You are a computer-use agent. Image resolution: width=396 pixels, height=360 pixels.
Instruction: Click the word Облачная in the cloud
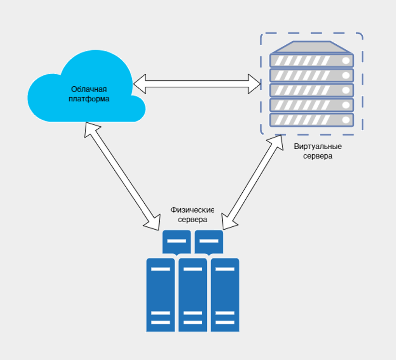point(89,89)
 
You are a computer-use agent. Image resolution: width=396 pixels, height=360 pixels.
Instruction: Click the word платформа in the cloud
point(89,99)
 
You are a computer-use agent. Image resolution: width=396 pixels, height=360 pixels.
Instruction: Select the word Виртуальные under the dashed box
point(318,146)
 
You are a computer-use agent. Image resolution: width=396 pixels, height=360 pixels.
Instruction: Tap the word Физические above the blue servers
point(192,210)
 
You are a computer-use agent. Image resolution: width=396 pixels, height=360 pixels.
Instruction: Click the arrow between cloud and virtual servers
point(197,84)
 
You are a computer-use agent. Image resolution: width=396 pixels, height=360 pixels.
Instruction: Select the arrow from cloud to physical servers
point(122,176)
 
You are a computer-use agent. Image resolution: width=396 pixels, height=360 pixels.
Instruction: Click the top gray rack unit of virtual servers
point(311,61)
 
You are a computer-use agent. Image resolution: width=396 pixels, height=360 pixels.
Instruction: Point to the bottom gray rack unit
point(311,120)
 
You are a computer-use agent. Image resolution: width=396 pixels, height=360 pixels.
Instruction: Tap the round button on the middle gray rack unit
point(346,90)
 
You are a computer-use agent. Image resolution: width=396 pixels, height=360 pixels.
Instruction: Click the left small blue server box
point(176,242)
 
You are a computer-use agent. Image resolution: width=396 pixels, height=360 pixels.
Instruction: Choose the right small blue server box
point(209,242)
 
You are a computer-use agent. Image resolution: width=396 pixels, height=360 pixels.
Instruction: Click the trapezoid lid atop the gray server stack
point(311,47)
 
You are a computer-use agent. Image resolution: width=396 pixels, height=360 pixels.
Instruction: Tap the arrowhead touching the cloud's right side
point(140,84)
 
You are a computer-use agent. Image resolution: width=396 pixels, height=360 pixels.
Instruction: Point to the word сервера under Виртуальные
point(318,156)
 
